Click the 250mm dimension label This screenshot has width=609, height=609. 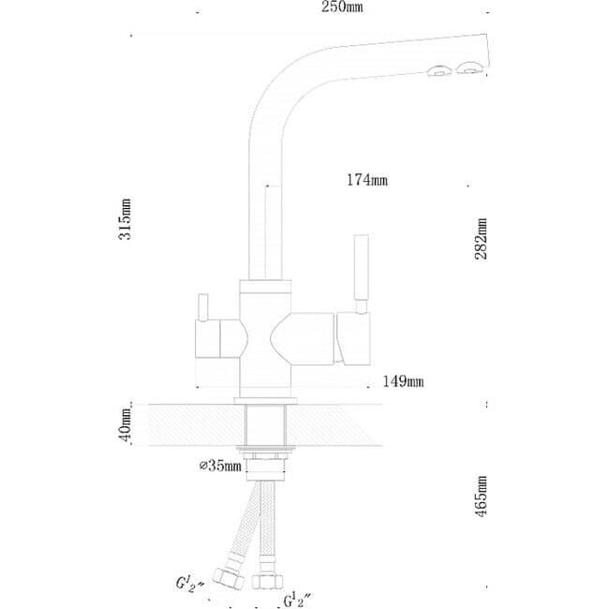342,7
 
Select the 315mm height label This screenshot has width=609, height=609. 125,219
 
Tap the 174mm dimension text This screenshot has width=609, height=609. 367,180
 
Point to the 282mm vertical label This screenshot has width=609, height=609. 481,239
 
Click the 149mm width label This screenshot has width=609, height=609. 403,381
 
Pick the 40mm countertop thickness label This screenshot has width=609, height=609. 126,425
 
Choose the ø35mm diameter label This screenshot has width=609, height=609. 220,466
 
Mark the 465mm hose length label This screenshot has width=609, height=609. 481,496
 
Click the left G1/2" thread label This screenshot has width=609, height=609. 190,584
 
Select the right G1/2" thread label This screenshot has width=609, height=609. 298,600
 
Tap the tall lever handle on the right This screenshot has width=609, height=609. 361,274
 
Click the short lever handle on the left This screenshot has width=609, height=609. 202,307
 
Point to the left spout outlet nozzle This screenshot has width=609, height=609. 438,71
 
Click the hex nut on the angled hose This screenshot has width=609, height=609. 229,578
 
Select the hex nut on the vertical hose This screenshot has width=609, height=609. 267,581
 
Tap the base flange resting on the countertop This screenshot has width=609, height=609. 265,401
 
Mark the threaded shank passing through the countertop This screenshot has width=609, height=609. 265,425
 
